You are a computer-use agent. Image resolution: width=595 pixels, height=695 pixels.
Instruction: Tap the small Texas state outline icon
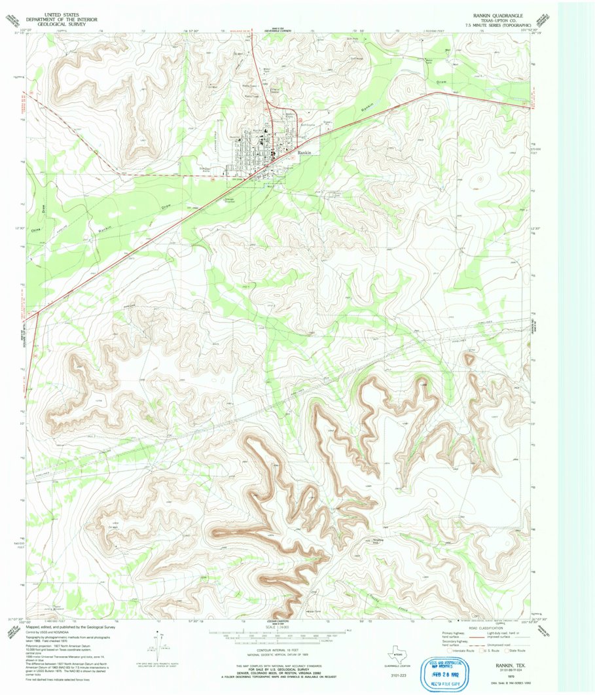coord(395,653)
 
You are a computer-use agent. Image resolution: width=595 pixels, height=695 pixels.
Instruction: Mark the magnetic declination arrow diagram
coord(158,643)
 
